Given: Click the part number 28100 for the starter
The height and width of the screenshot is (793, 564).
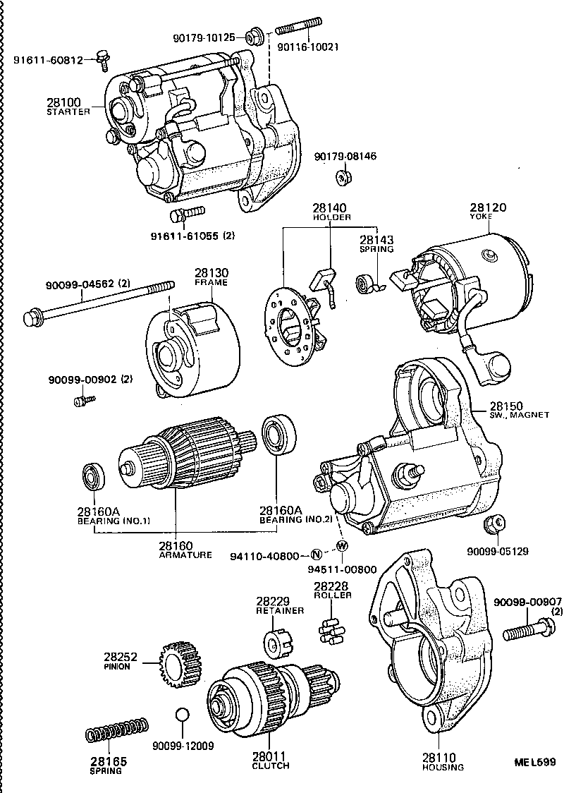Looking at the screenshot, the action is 64,103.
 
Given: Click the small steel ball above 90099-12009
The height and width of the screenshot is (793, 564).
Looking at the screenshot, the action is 182,715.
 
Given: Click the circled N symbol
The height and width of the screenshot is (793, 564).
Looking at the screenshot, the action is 317,555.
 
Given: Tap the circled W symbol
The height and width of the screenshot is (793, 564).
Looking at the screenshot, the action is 342,545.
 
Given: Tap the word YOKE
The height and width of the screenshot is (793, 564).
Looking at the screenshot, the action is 482,217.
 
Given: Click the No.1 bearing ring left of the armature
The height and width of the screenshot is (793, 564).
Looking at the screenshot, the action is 94,476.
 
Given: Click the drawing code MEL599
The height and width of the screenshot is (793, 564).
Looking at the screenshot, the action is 535,762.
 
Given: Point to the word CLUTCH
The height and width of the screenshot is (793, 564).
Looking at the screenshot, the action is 271,765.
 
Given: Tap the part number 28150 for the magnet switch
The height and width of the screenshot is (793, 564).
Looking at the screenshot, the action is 506,406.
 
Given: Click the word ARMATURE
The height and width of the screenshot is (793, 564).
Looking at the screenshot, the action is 185,555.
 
